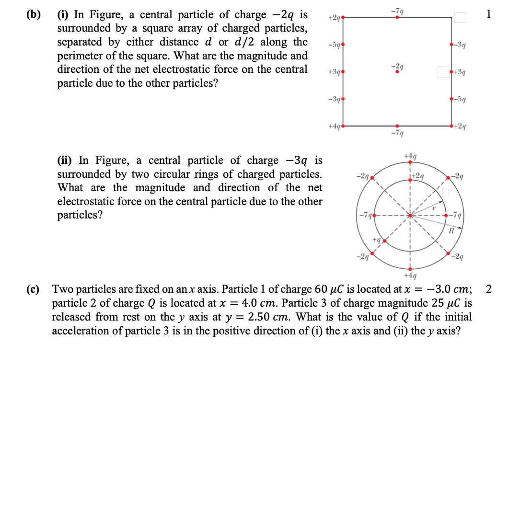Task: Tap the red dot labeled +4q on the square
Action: [x=342, y=126]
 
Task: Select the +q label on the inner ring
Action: [x=376, y=239]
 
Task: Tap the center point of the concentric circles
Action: [x=410, y=215]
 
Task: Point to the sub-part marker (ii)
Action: [x=66, y=160]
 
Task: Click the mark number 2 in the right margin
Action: [x=488, y=288]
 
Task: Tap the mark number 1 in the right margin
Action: [x=488, y=14]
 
